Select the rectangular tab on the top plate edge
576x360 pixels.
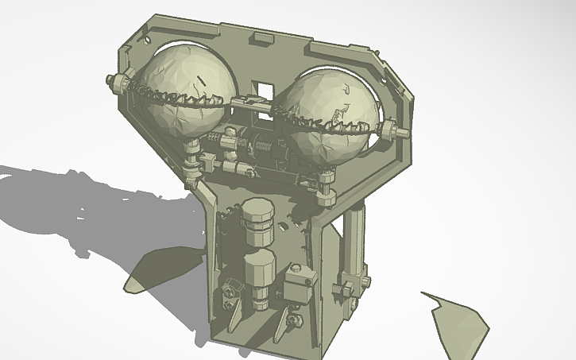[x=261, y=37]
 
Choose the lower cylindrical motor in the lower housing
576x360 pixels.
[x=259, y=274]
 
